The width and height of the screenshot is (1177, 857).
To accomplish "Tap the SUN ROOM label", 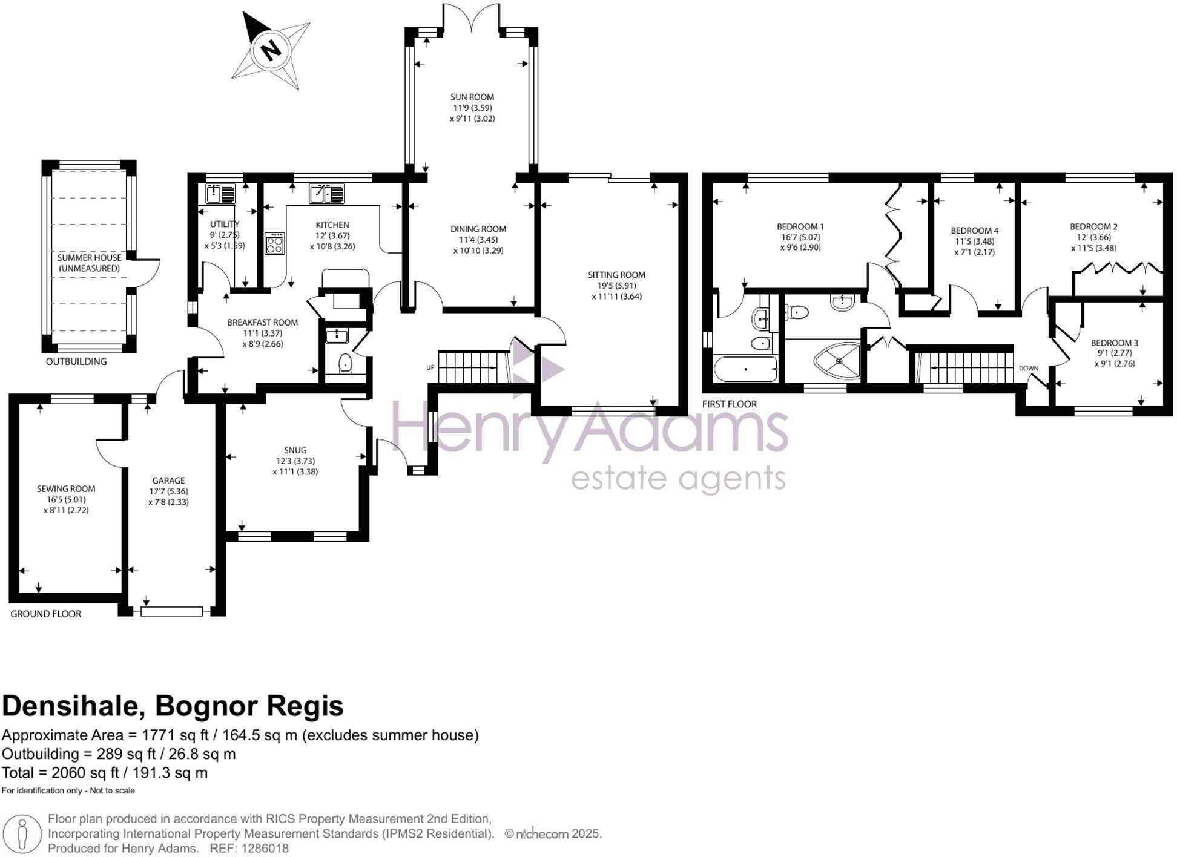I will [x=472, y=97].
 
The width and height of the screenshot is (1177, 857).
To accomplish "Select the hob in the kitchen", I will [x=275, y=243].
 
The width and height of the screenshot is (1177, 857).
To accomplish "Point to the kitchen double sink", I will [x=326, y=194].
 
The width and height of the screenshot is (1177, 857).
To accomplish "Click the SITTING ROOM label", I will [x=616, y=275].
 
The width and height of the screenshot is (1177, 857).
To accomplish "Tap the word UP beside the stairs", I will [x=430, y=367].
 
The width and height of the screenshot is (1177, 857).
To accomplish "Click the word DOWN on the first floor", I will [x=1028, y=368].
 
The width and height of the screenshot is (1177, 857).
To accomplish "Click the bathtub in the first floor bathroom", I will [x=746, y=369].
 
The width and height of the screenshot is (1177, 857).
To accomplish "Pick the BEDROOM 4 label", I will [x=974, y=231].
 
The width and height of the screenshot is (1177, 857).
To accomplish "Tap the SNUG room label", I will [x=295, y=450].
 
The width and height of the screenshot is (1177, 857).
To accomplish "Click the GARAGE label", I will [x=168, y=481].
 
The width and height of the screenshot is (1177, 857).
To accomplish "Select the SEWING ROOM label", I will [x=66, y=489].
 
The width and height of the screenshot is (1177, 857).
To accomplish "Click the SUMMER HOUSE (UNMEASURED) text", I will [x=89, y=263].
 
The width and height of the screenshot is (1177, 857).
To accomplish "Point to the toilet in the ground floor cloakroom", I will [x=345, y=364].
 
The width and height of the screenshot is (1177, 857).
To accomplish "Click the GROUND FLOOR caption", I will [x=46, y=614].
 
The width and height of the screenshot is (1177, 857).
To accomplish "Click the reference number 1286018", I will [x=265, y=849].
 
